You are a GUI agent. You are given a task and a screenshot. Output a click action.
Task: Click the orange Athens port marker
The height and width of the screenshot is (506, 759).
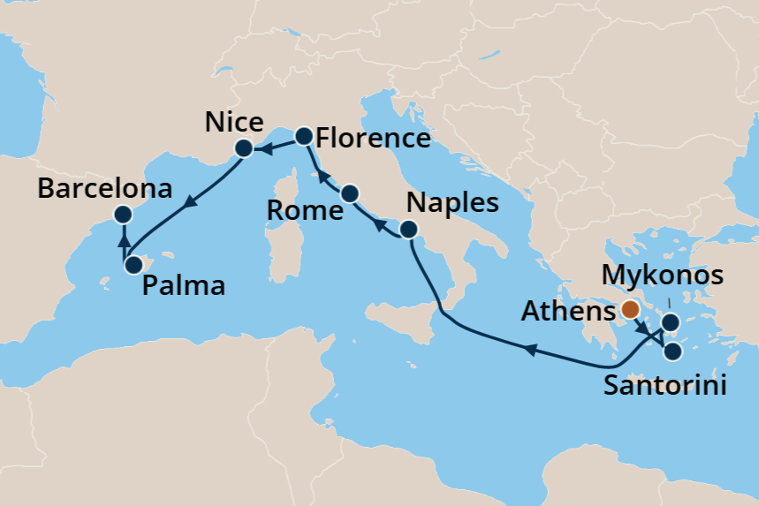(x=630, y=309)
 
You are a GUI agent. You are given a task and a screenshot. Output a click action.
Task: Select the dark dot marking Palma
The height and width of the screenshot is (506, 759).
(x=133, y=264)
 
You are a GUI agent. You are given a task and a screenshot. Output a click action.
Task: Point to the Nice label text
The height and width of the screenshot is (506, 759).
(x=233, y=122)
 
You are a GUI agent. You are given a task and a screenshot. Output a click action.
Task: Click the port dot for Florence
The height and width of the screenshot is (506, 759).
(x=303, y=136)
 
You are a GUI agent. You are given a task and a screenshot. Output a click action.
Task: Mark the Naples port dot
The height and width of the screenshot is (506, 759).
(x=408, y=230)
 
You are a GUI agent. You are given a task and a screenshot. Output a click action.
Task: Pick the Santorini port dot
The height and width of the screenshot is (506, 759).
(x=672, y=351)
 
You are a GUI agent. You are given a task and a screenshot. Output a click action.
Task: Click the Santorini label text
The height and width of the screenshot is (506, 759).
(x=665, y=386)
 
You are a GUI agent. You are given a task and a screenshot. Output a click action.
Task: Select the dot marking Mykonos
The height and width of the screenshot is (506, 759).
(x=671, y=322)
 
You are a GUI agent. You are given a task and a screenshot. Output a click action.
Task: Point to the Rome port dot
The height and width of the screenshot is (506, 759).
(x=349, y=193)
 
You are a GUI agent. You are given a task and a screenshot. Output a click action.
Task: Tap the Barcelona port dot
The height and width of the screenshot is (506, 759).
(x=123, y=214)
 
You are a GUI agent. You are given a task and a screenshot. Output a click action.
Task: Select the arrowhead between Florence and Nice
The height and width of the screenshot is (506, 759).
(x=264, y=151)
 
